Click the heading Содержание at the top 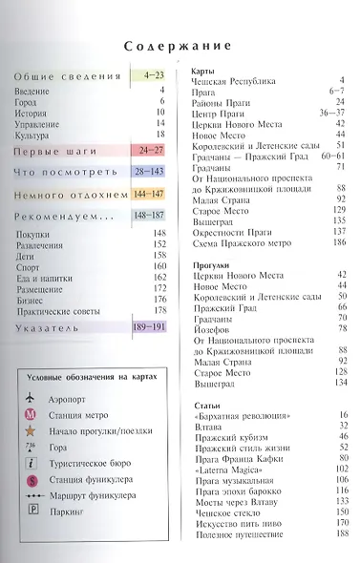[180, 45]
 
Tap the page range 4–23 [153, 74]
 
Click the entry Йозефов [210, 327]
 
